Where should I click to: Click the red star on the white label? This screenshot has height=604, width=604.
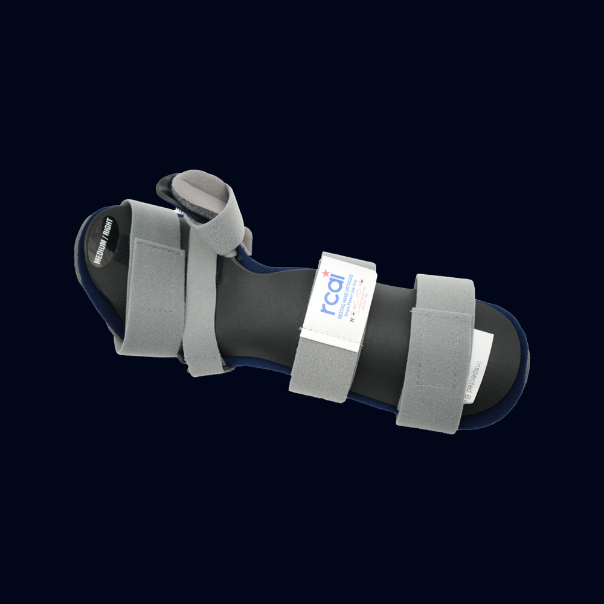[x=327, y=274]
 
